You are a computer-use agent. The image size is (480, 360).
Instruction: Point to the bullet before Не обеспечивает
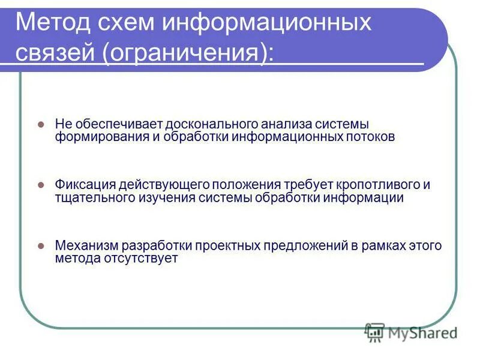tap(41, 124)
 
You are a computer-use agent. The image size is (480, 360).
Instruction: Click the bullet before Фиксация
tap(41, 185)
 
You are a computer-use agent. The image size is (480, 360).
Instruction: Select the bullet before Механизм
tap(41, 246)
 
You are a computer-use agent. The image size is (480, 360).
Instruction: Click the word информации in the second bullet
tap(365, 197)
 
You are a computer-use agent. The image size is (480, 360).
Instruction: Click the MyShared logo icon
tap(374, 331)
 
